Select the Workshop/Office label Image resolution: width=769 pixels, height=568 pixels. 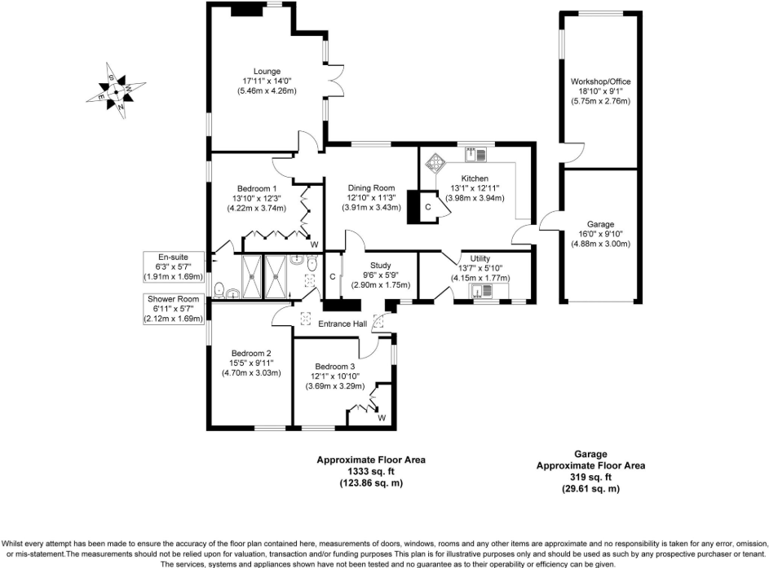pyautogui.click(x=599, y=82)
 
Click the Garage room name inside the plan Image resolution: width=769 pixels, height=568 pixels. pyautogui.click(x=599, y=224)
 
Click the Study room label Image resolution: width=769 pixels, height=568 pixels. pyautogui.click(x=382, y=266)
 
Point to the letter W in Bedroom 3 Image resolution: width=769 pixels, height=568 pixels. pyautogui.click(x=382, y=418)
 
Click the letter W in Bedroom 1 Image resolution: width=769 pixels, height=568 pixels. pyautogui.click(x=314, y=244)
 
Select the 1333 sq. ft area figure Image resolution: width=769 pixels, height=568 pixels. pyautogui.click(x=371, y=471)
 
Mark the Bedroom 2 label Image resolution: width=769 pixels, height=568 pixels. pyautogui.click(x=250, y=354)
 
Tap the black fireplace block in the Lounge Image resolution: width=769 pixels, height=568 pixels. pyautogui.click(x=246, y=10)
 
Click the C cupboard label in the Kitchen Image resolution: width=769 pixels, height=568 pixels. pyautogui.click(x=427, y=208)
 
